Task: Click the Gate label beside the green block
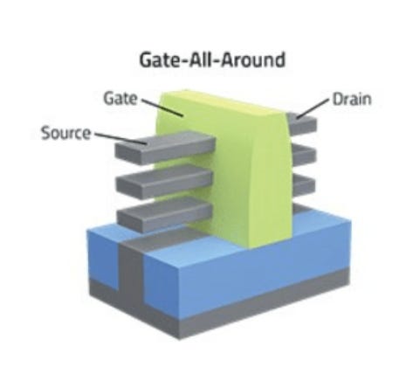tap(120, 99)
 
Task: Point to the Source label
tap(65, 133)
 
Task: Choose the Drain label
tap(352, 99)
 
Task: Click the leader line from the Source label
tap(120, 139)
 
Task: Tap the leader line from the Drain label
tap(313, 108)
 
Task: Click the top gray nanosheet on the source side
tap(165, 147)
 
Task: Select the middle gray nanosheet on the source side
tap(164, 182)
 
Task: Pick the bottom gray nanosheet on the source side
tap(165, 214)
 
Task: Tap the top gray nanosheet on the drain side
tap(302, 123)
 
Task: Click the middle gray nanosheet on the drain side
tap(303, 155)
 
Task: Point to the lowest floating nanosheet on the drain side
tap(303, 184)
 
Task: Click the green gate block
tap(233, 175)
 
